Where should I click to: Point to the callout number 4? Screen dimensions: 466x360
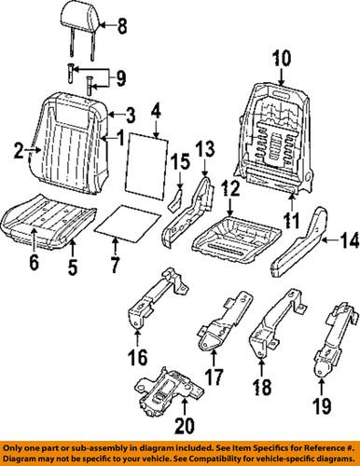(x=157, y=117)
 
